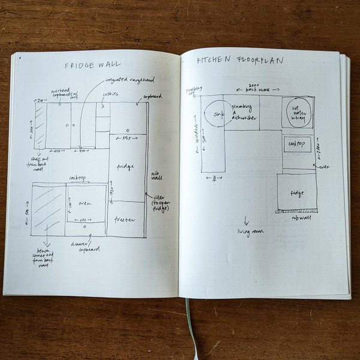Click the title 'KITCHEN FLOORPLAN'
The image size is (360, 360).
pyautogui.click(x=240, y=61)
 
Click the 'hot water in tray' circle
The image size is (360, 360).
pyautogui.click(x=298, y=112)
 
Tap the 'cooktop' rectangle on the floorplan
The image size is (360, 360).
pyautogui.click(x=298, y=145)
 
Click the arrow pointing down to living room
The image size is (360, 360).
pyautogui.click(x=246, y=220)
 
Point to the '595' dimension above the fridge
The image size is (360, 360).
pyautogui.click(x=125, y=138)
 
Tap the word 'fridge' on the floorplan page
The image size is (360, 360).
pyautogui.click(x=296, y=193)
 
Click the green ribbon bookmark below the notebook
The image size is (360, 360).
pyautogui.click(x=188, y=324)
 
